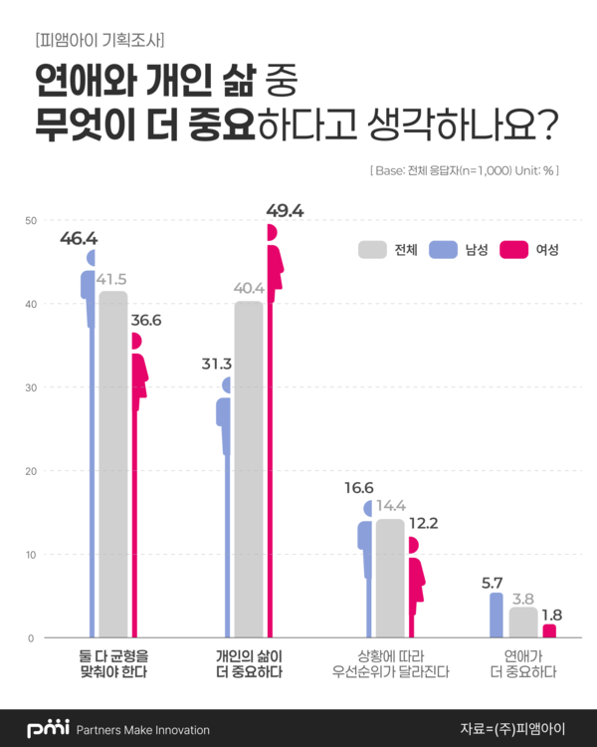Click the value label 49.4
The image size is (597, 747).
pos(284,210)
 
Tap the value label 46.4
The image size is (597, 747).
pos(79,239)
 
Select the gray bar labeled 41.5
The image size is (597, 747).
pos(112,463)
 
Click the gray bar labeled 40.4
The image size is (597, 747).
pos(249,468)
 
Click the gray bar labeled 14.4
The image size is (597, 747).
pos(390,578)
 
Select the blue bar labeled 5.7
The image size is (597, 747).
pos(497,615)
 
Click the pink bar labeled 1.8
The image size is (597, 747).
pos(549,630)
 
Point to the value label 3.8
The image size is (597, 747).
pos(523,599)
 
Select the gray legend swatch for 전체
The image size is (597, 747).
pos(372,250)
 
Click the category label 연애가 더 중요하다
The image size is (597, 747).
pos(522,664)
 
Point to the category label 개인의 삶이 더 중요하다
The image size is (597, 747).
pos(249,664)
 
